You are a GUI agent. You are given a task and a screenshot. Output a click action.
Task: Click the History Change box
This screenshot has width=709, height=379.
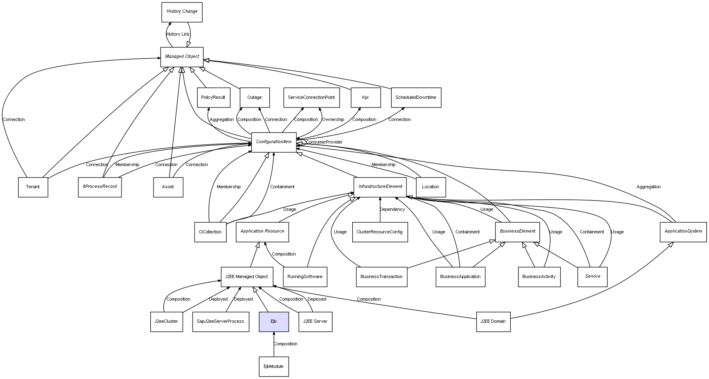point(182,12)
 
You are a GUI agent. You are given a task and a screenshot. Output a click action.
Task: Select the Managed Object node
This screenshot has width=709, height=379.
point(182,57)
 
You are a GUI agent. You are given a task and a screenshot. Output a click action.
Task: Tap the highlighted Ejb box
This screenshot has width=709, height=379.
point(274,322)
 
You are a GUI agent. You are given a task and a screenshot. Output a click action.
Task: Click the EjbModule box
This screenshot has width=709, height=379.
point(274,367)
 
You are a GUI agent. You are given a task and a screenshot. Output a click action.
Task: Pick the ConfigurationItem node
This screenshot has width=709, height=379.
point(274,142)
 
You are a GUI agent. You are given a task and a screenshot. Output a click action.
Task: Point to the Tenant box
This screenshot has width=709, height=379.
point(33,187)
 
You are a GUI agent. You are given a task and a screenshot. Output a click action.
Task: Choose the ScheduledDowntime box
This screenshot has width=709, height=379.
point(416,98)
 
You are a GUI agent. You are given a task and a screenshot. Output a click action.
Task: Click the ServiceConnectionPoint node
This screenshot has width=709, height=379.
point(311,98)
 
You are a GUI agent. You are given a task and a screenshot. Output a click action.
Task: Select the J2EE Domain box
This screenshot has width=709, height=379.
point(493,322)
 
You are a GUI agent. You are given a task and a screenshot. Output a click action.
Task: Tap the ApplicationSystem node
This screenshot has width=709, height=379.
point(683,232)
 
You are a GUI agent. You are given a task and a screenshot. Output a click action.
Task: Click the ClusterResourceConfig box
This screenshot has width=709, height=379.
point(380,232)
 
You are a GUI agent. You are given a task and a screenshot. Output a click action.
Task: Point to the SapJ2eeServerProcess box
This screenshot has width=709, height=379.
point(220,322)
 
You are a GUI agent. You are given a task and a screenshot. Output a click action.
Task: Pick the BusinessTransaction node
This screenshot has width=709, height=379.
point(381,277)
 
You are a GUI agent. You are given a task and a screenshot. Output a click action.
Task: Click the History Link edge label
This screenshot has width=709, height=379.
point(178,34)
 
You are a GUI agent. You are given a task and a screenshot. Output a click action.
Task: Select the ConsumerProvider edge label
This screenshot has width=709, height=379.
point(324,142)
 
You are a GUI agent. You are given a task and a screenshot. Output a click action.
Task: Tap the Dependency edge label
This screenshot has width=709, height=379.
point(392,210)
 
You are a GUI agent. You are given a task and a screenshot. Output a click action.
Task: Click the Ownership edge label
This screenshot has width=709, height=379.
point(333,120)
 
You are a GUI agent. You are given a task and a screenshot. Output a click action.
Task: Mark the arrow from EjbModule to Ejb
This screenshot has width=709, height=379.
point(274,345)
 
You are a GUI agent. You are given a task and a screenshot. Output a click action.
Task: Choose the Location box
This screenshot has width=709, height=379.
point(431,187)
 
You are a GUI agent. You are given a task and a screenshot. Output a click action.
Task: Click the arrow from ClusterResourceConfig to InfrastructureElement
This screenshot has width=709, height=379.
point(380,209)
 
